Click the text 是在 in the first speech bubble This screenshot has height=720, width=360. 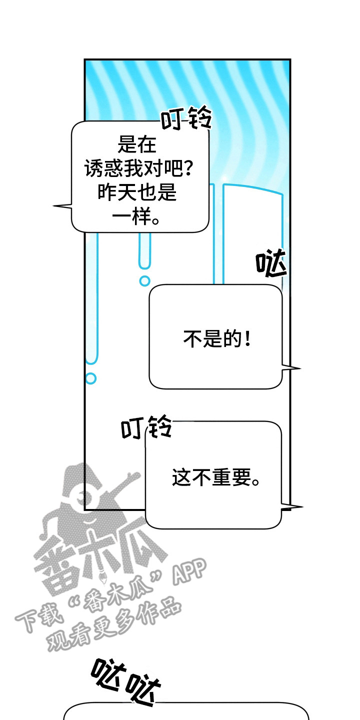(137, 145)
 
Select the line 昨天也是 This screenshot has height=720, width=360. (137, 193)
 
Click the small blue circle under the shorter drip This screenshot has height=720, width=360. (144, 280)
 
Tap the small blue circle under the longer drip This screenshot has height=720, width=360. (90, 378)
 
